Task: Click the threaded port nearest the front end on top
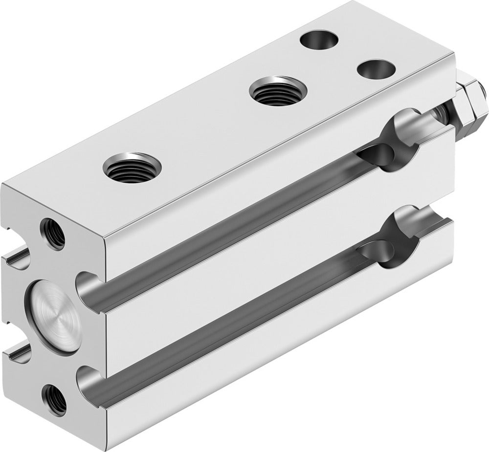pos(128,168)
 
